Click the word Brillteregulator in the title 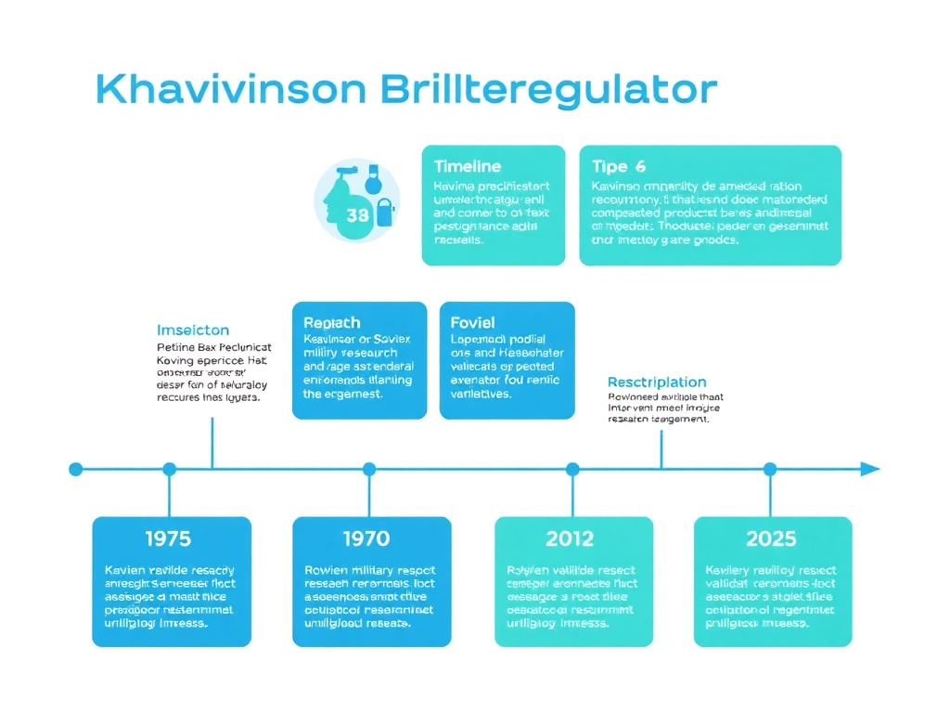[x=548, y=90]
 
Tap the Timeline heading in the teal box [x=468, y=166]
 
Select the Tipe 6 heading [x=618, y=166]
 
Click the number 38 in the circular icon [x=357, y=215]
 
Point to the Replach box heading [x=332, y=322]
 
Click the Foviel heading [x=473, y=322]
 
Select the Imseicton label [x=193, y=331]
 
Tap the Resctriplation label [x=657, y=382]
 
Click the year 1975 [x=169, y=538]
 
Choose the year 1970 [x=366, y=538]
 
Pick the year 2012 [x=571, y=538]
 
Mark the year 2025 [x=771, y=538]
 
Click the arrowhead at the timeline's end [x=869, y=469]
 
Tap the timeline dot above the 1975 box [x=169, y=470]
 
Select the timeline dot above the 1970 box [x=369, y=470]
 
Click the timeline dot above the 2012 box [x=571, y=470]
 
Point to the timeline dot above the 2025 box [x=770, y=470]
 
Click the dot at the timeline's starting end [x=76, y=470]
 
